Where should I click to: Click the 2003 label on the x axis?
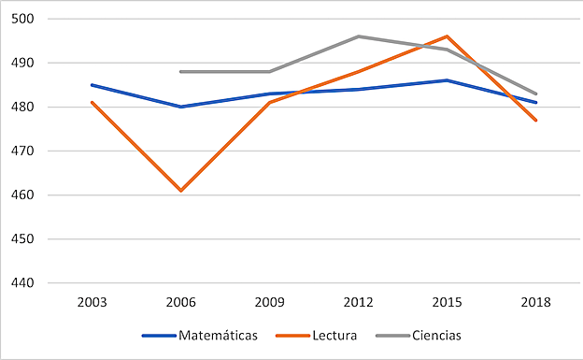92,302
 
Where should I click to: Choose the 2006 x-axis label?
180,302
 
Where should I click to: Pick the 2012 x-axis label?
358,302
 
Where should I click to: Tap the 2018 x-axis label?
536,302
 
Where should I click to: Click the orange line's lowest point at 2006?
180,191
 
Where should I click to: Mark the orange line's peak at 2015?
448,36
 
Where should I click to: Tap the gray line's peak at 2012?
358,36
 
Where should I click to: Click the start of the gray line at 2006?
180,71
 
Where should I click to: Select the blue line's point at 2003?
92,84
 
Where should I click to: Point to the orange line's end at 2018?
536,120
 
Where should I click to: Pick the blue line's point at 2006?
180,107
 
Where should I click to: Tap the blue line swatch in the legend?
158,335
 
